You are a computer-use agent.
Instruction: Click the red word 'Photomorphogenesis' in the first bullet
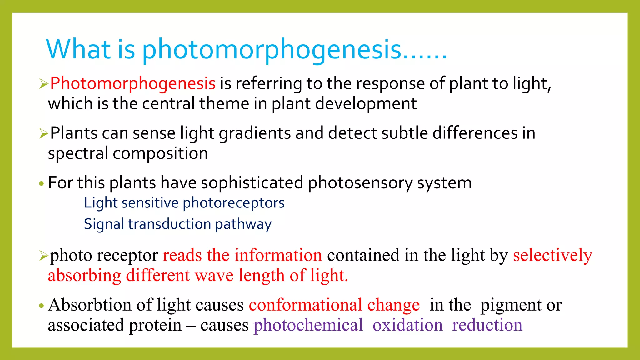click(133, 83)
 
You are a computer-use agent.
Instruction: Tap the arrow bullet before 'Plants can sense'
click(43, 134)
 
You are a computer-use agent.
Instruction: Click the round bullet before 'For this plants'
click(41, 183)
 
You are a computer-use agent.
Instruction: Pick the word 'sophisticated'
click(252, 183)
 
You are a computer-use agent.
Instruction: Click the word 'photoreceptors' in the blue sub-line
click(233, 203)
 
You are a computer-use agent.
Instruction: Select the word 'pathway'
click(243, 225)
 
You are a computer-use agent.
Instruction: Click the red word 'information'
click(278, 255)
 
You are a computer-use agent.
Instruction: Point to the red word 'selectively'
click(552, 255)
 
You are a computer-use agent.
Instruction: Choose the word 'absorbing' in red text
click(84, 276)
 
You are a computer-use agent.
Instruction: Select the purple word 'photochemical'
click(308, 325)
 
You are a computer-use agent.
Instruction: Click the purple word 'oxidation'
click(407, 325)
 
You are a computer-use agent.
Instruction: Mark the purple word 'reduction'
click(487, 325)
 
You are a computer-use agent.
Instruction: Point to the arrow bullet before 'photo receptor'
click(43, 256)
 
